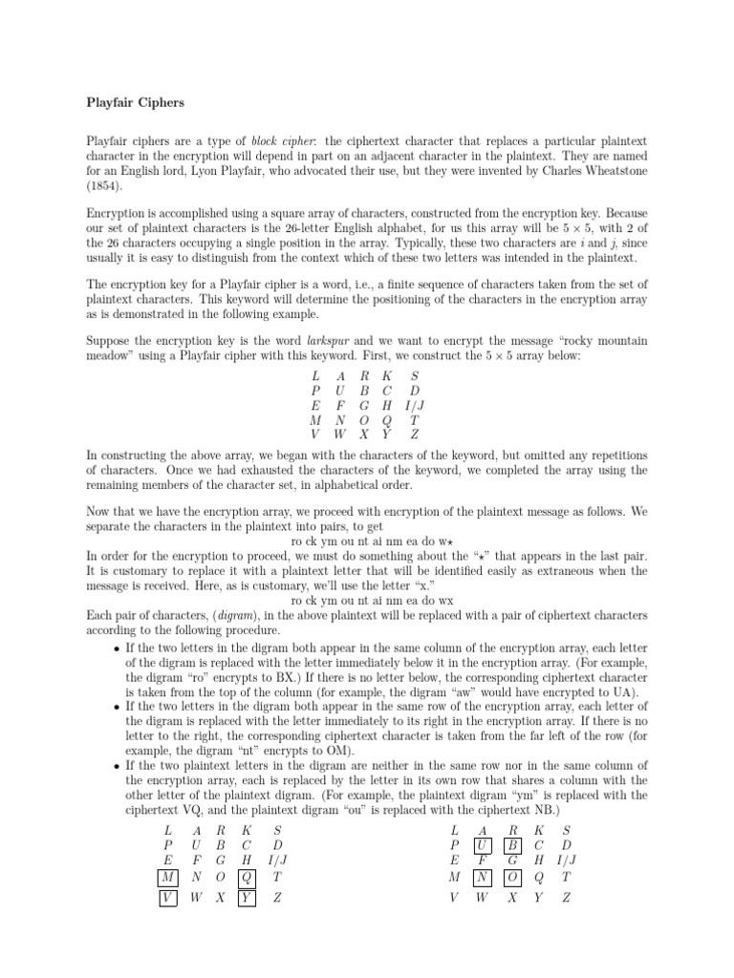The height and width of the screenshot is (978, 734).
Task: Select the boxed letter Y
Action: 247,898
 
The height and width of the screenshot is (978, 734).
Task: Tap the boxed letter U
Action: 485,846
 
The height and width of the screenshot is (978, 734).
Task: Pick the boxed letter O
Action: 513,877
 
